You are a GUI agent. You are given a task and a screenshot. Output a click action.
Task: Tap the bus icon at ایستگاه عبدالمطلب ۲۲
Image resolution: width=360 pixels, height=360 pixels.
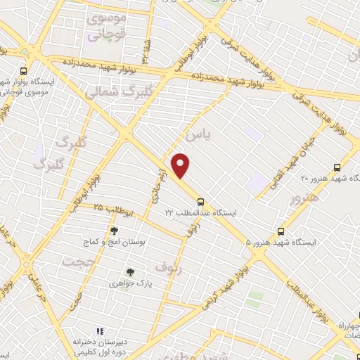tap(201, 200)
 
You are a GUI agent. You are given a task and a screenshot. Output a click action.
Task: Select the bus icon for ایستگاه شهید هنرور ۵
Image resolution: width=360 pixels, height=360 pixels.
tap(281, 231)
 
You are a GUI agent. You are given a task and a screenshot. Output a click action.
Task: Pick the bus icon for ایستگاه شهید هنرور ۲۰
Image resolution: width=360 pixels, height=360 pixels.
tap(337, 167)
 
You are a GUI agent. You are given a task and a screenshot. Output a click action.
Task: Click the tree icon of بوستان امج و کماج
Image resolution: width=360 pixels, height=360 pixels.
tap(114, 230)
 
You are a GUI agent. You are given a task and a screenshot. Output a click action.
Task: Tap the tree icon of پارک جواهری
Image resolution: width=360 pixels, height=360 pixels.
tap(129, 271)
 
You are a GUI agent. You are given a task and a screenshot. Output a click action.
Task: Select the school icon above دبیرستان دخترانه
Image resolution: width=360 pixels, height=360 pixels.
tap(99, 330)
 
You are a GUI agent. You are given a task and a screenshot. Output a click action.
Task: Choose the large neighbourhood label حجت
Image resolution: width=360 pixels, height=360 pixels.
tap(77, 262)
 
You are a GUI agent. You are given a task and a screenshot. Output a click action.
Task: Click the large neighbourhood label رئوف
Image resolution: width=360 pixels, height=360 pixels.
tap(168, 267)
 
